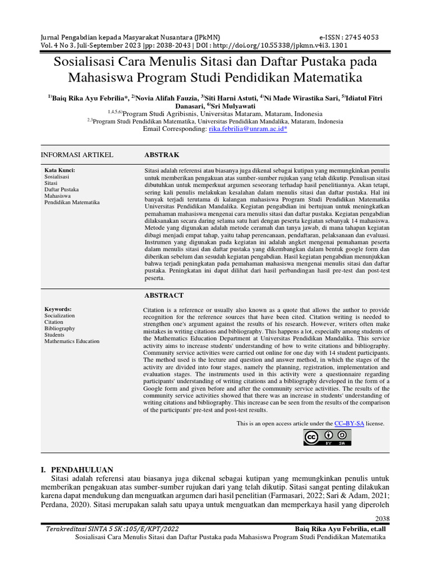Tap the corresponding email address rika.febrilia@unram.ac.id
pos(247,129)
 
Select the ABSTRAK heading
pos(162,154)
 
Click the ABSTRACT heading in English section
pos(164,295)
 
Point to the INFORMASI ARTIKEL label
pos(77,154)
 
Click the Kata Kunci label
pos(59,170)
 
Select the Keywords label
pos(58,309)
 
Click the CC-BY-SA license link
pos(350,423)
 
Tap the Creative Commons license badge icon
pos(328,437)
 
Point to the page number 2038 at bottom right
pos(382,518)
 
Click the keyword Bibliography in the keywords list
pos(59,328)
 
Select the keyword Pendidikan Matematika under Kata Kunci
pos(72,202)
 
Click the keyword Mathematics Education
pos(72,341)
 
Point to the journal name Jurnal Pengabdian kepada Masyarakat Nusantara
pos(130,38)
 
